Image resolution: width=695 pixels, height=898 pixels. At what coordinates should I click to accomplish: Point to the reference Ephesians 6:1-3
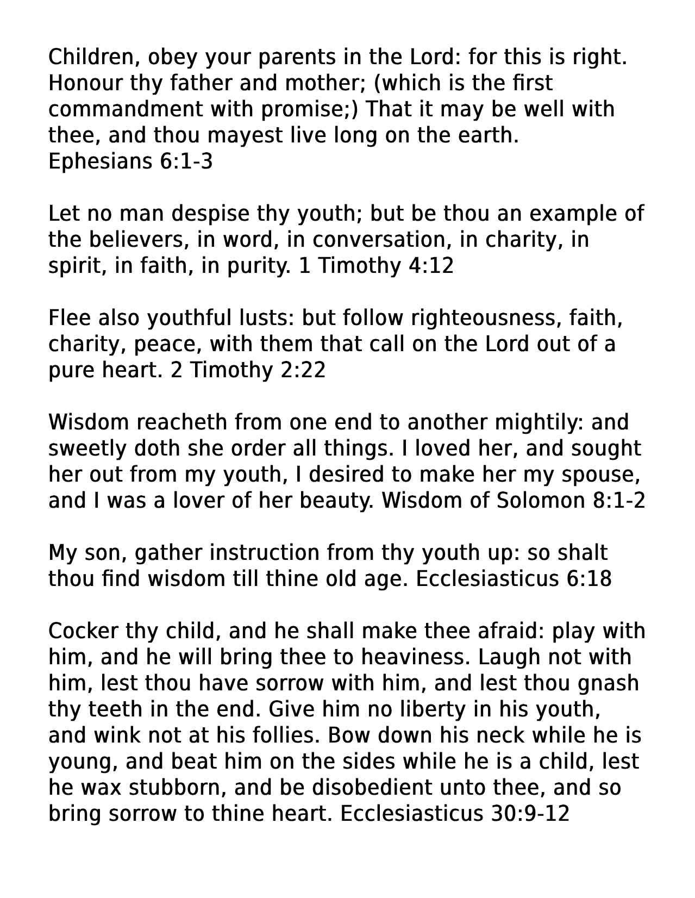tap(130, 161)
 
